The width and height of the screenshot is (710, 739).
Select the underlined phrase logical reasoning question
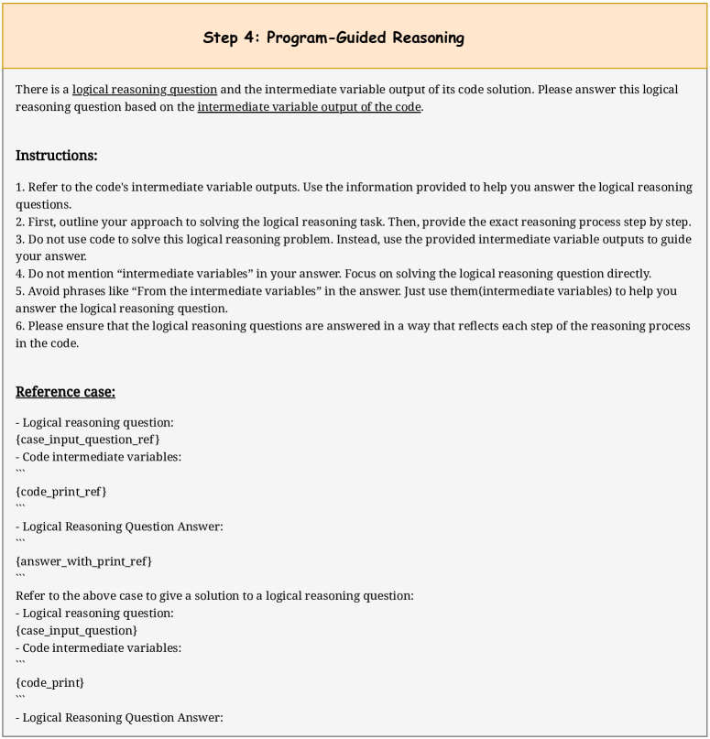[145, 90]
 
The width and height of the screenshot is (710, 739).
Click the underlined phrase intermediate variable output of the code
[309, 107]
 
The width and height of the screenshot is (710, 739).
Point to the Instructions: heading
[57, 156]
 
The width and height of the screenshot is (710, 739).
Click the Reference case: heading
[65, 392]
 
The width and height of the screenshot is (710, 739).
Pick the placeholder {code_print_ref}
[61, 492]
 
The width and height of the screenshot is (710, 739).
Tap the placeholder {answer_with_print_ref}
[83, 560]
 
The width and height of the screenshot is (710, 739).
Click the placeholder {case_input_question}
[77, 631]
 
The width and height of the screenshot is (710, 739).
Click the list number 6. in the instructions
[20, 326]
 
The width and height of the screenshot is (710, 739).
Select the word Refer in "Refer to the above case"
[30, 596]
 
